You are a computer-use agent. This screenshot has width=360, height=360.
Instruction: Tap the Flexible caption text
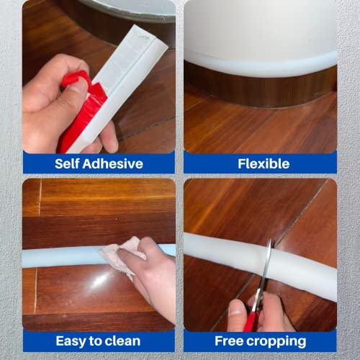pyautogui.click(x=260, y=163)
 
